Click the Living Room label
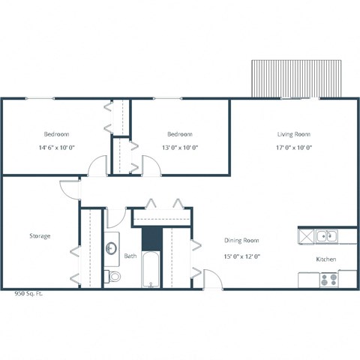(x=293, y=134)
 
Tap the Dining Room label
(x=241, y=241)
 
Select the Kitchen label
(x=325, y=259)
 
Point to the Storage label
(x=40, y=236)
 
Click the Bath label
(x=130, y=256)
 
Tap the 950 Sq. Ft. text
(x=28, y=294)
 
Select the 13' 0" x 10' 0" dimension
(x=180, y=147)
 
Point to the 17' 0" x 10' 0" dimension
(x=293, y=147)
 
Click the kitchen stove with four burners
(x=328, y=280)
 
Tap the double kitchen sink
(x=325, y=236)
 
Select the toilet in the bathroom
(x=113, y=277)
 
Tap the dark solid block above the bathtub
(x=151, y=238)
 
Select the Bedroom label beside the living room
(x=180, y=134)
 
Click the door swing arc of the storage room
(x=70, y=189)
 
